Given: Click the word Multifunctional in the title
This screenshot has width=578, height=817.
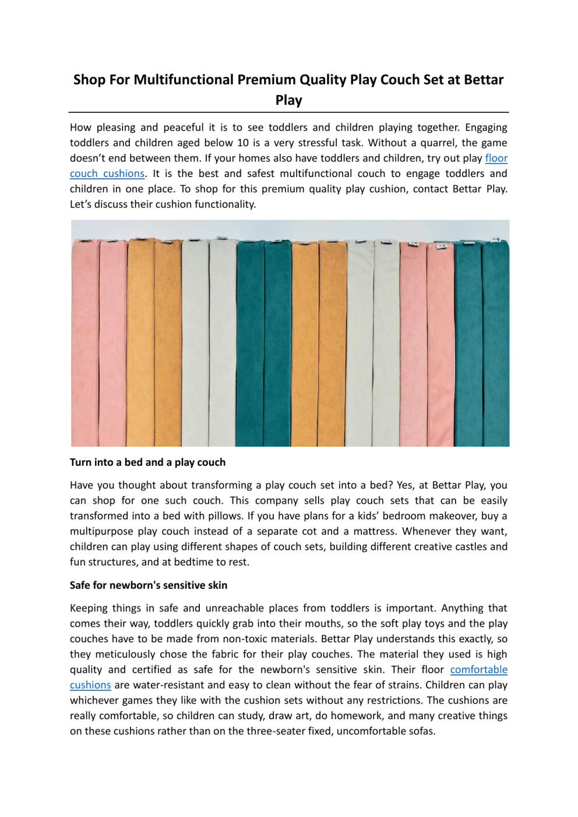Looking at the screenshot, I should pos(184,80).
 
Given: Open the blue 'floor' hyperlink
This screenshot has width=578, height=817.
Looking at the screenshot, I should pos(496,158).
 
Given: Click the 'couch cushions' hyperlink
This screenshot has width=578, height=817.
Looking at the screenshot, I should pos(107,174).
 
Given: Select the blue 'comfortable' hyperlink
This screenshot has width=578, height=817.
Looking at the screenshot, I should pos(478,670).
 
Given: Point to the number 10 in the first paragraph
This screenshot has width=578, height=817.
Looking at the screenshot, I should pos(243,143).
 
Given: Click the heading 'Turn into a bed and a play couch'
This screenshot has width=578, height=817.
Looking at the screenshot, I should pos(147,462).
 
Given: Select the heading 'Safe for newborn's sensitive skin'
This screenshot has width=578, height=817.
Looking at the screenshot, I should pos(149,585).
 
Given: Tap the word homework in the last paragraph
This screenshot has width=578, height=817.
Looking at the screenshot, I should pos(361,716).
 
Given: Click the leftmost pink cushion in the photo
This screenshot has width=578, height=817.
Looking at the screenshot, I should pos(85,344).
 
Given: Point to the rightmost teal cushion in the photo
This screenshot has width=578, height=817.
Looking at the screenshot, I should pos(495,344).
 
